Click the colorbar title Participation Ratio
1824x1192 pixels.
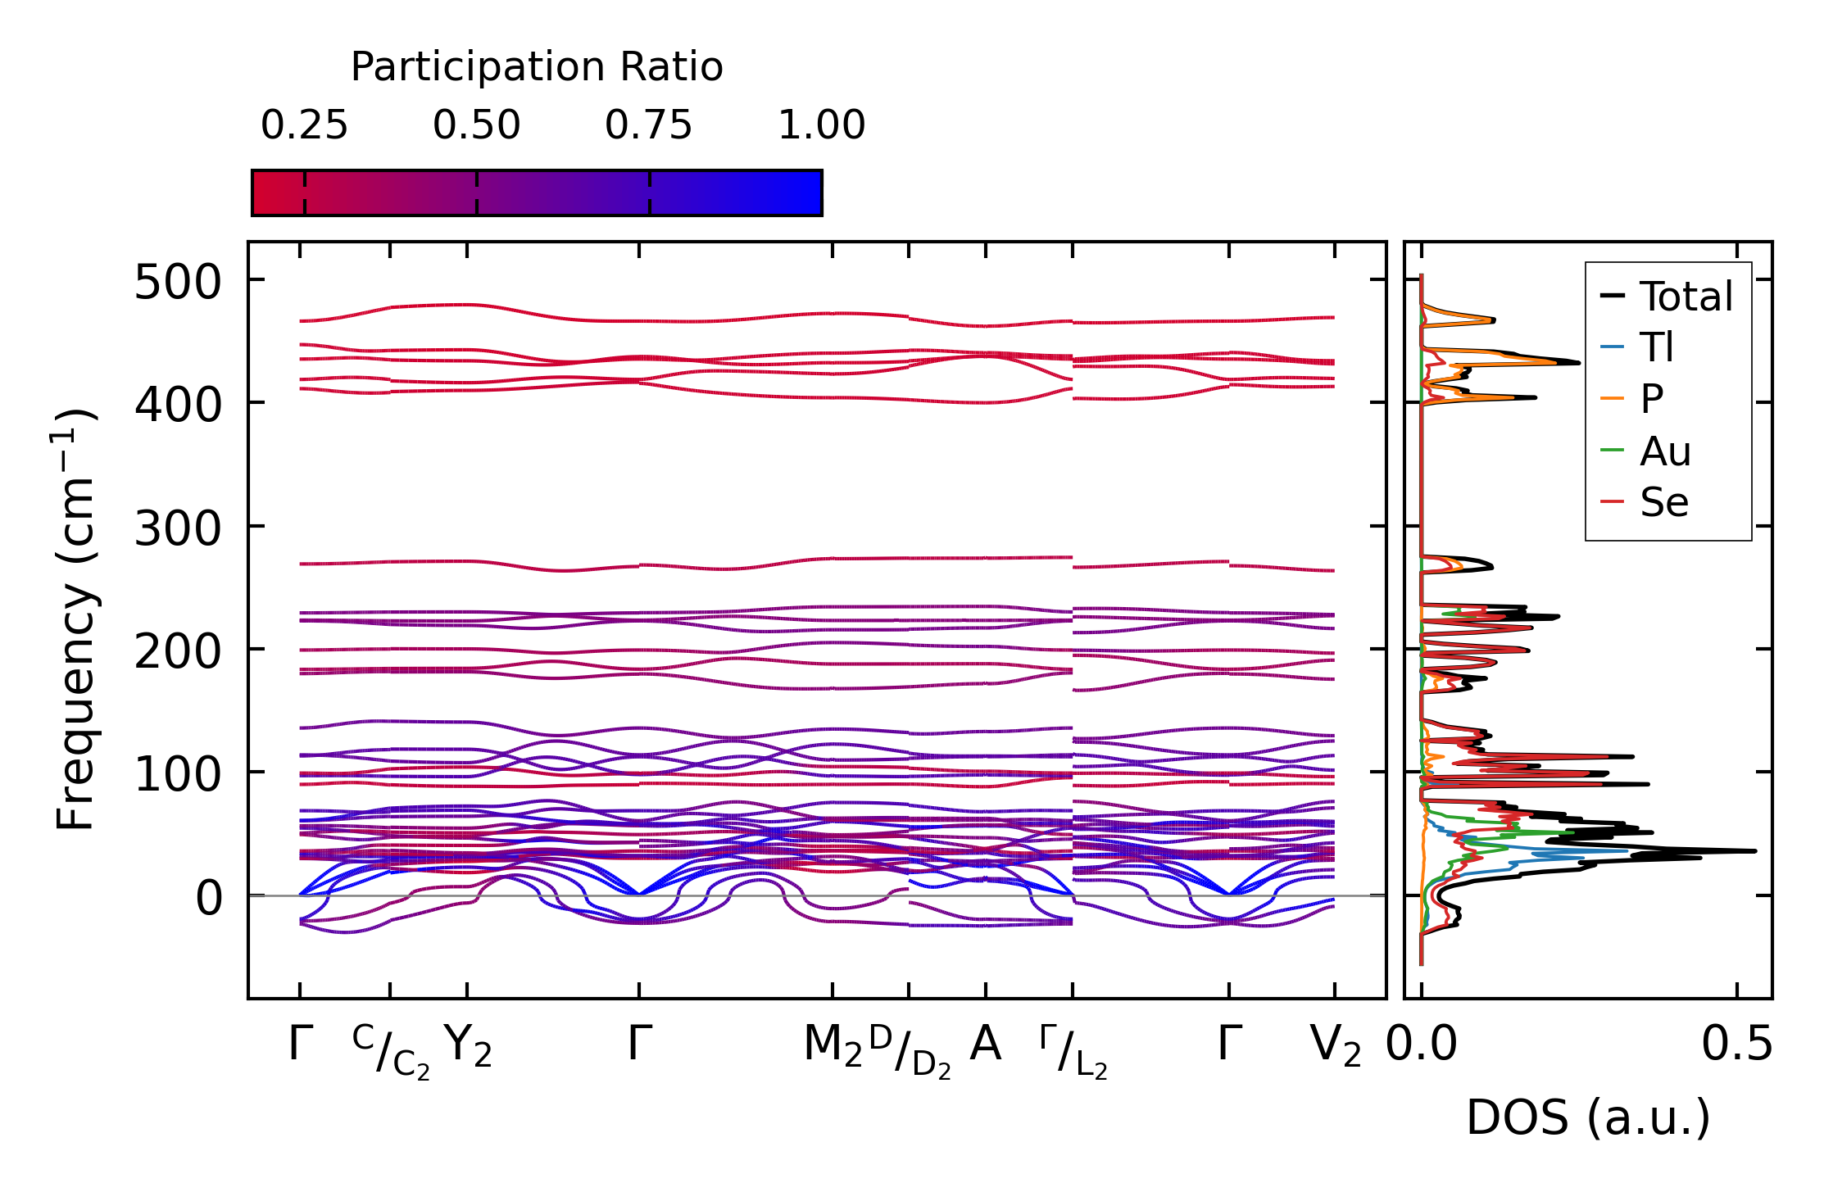[x=537, y=67]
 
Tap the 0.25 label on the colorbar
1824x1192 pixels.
[x=304, y=125]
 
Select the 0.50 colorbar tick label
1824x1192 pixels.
[x=476, y=125]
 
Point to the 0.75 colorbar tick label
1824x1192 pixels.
[x=648, y=125]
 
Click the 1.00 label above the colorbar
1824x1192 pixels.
[x=821, y=125]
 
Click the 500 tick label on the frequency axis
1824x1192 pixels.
[x=178, y=283]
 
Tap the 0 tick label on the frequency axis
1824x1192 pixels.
[x=208, y=898]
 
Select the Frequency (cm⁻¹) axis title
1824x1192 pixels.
[x=75, y=620]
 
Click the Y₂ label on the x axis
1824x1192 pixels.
[x=467, y=1046]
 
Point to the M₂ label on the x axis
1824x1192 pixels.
[x=833, y=1046]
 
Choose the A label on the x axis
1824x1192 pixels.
[x=985, y=1045]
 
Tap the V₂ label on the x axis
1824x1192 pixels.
[x=1335, y=1046]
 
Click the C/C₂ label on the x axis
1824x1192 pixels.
[x=391, y=1051]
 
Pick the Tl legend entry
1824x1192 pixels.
[x=1656, y=347]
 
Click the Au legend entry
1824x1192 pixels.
[x=1664, y=451]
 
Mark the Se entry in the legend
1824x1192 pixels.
[x=1663, y=502]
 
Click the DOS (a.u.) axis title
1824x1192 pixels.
[x=1588, y=1117]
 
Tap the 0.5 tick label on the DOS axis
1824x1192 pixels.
[x=1736, y=1045]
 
